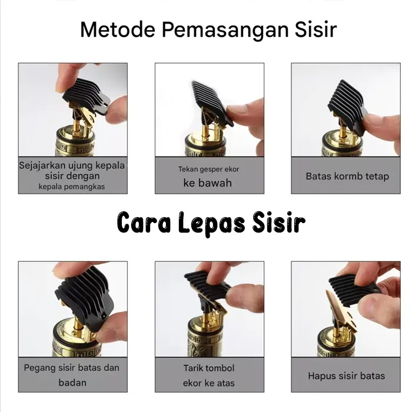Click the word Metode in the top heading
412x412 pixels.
(x=118, y=29)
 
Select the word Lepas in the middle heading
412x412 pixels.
(x=211, y=223)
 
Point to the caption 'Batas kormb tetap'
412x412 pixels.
(x=347, y=176)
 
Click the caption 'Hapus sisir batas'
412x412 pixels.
(x=346, y=376)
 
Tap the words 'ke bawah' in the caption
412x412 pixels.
(x=208, y=183)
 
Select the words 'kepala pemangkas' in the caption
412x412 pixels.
(x=72, y=187)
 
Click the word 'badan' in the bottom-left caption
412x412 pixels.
(x=72, y=383)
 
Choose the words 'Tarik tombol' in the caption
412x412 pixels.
(x=209, y=368)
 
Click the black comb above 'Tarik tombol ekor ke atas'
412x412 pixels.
(x=208, y=288)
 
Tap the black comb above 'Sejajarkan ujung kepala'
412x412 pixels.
(x=87, y=97)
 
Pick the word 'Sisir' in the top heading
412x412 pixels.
(x=315, y=29)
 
